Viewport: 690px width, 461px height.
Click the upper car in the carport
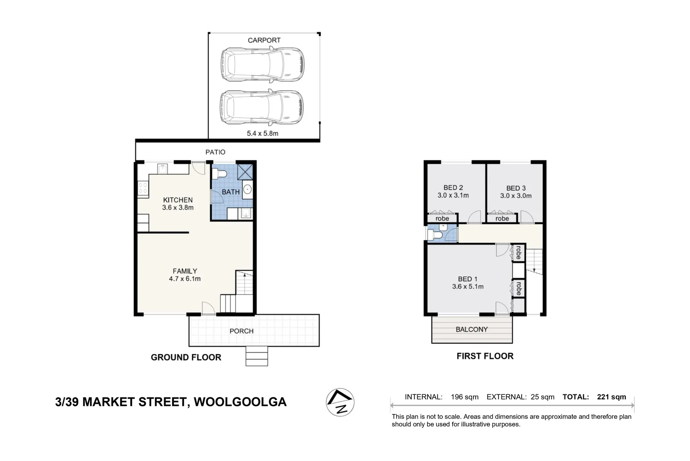[262, 64]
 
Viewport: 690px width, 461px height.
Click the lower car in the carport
[262, 107]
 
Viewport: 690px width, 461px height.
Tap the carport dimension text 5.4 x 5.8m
[263, 133]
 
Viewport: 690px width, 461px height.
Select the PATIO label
[215, 152]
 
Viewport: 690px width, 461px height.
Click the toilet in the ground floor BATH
[219, 174]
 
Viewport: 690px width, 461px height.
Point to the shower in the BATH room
[245, 172]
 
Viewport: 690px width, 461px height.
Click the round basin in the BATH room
[247, 190]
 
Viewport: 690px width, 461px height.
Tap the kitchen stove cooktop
[143, 188]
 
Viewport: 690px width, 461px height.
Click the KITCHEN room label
[178, 200]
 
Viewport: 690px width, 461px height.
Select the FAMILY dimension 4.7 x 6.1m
[185, 279]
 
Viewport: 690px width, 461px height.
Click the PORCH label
[241, 331]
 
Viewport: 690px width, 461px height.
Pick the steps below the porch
[257, 356]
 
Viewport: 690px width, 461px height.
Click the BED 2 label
[453, 187]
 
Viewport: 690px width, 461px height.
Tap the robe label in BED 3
[502, 219]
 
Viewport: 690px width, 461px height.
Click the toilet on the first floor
[435, 234]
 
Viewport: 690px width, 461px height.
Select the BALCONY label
[471, 330]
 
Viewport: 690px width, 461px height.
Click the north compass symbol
[340, 402]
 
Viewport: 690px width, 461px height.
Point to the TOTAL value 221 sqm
[611, 397]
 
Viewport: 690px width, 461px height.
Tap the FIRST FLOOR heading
[485, 356]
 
